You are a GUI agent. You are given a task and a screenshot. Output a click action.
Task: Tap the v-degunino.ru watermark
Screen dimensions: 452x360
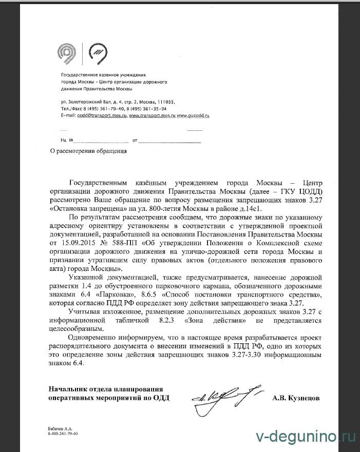click(305, 436)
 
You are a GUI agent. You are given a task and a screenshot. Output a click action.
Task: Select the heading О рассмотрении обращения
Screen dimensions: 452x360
click(88, 151)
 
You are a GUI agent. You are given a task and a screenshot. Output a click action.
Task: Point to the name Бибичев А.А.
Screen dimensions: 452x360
click(56, 428)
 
